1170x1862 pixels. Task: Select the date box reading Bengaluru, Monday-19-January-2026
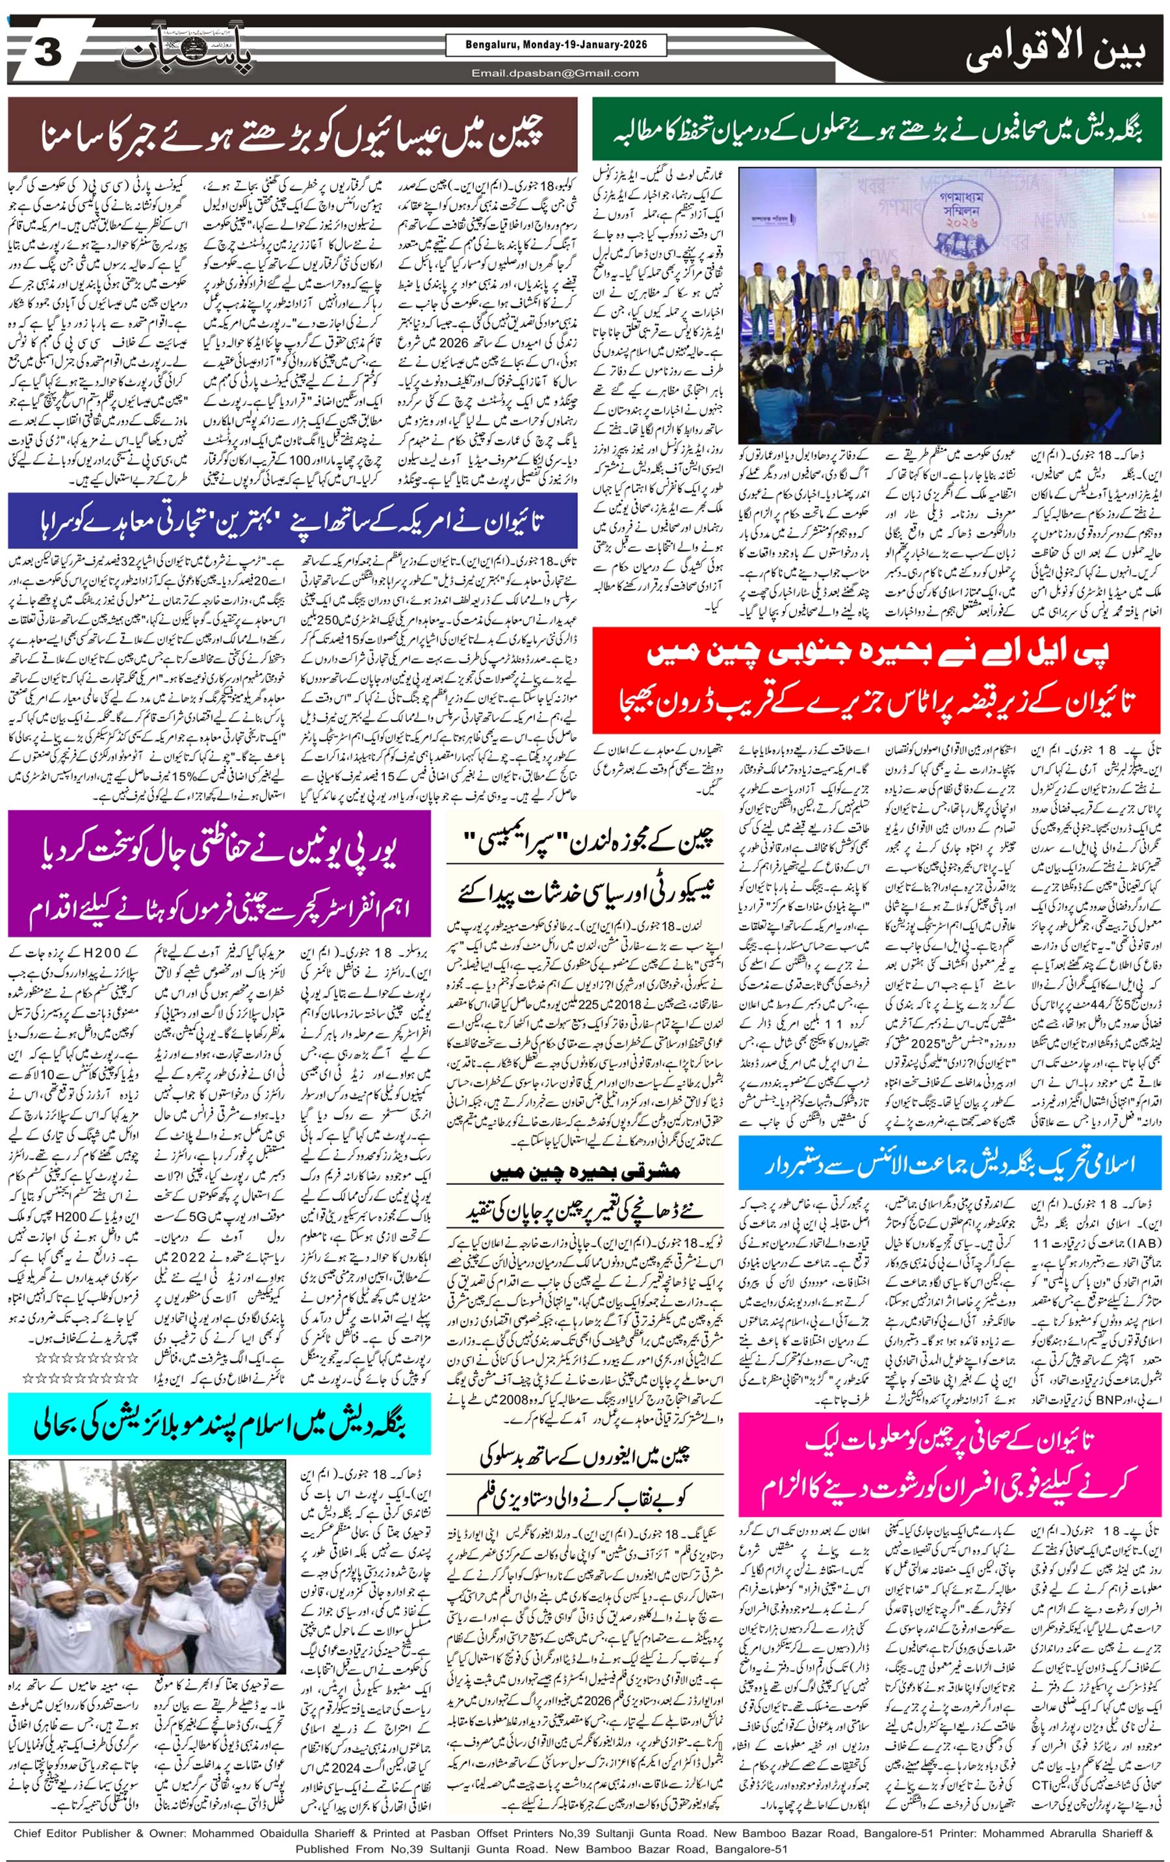(556, 45)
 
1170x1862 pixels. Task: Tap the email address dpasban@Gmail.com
(556, 73)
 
